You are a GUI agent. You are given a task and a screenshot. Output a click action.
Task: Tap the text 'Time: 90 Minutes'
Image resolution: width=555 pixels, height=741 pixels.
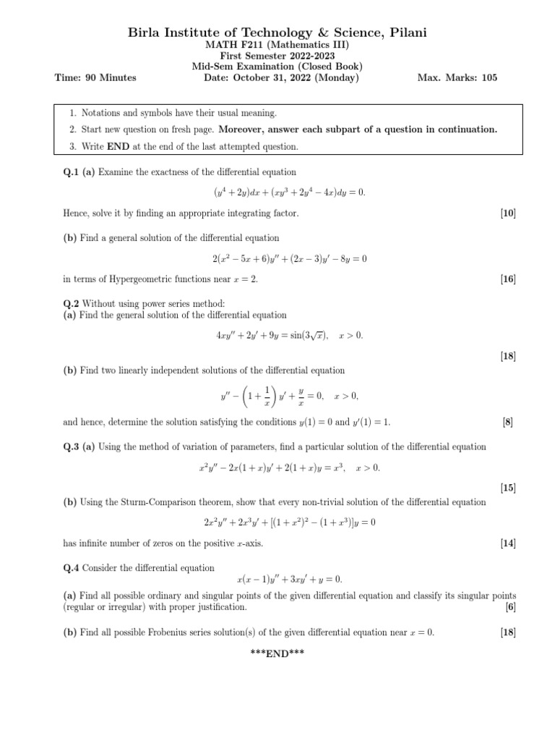(x=95, y=77)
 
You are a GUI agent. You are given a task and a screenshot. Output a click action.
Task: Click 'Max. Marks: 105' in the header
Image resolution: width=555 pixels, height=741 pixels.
(x=457, y=77)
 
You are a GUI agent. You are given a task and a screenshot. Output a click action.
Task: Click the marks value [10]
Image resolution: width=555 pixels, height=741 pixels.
(x=507, y=213)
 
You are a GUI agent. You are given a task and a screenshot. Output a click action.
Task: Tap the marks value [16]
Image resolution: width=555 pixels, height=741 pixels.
(x=507, y=279)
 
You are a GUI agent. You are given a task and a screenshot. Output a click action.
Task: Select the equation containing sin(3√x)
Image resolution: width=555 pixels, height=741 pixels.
(x=289, y=335)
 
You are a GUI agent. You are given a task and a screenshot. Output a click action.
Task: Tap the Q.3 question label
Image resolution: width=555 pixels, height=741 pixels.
(x=74, y=446)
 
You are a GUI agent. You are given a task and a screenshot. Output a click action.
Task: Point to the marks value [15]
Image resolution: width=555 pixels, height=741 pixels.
(x=507, y=488)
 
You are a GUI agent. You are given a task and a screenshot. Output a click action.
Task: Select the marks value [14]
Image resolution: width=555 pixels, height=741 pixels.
(x=507, y=543)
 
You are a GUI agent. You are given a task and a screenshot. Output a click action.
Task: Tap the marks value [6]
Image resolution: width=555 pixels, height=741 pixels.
(x=510, y=607)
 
